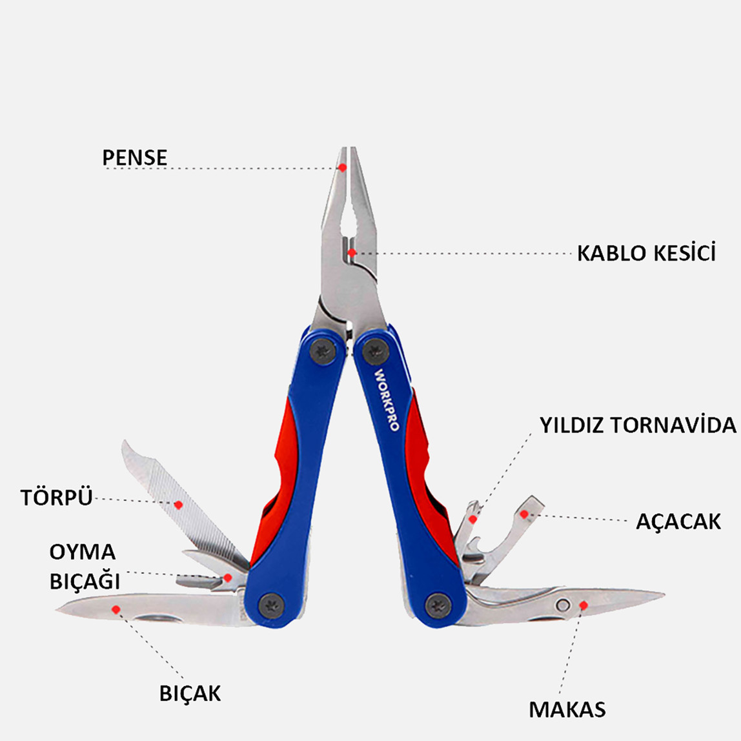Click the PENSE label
[135, 158]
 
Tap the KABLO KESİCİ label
[647, 252]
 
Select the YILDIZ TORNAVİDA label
[638, 425]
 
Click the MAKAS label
[567, 709]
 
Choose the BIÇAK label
[190, 693]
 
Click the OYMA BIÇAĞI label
[85, 566]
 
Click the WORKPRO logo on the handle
[387, 400]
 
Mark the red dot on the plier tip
[343, 167]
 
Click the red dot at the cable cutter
[352, 253]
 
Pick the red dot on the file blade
[178, 505]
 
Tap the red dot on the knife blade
[116, 609]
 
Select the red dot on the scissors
[584, 605]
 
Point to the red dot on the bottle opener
[523, 514]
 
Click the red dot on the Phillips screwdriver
[472, 520]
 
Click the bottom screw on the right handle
[438, 605]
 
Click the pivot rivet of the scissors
[562, 605]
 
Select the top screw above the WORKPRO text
[376, 351]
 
